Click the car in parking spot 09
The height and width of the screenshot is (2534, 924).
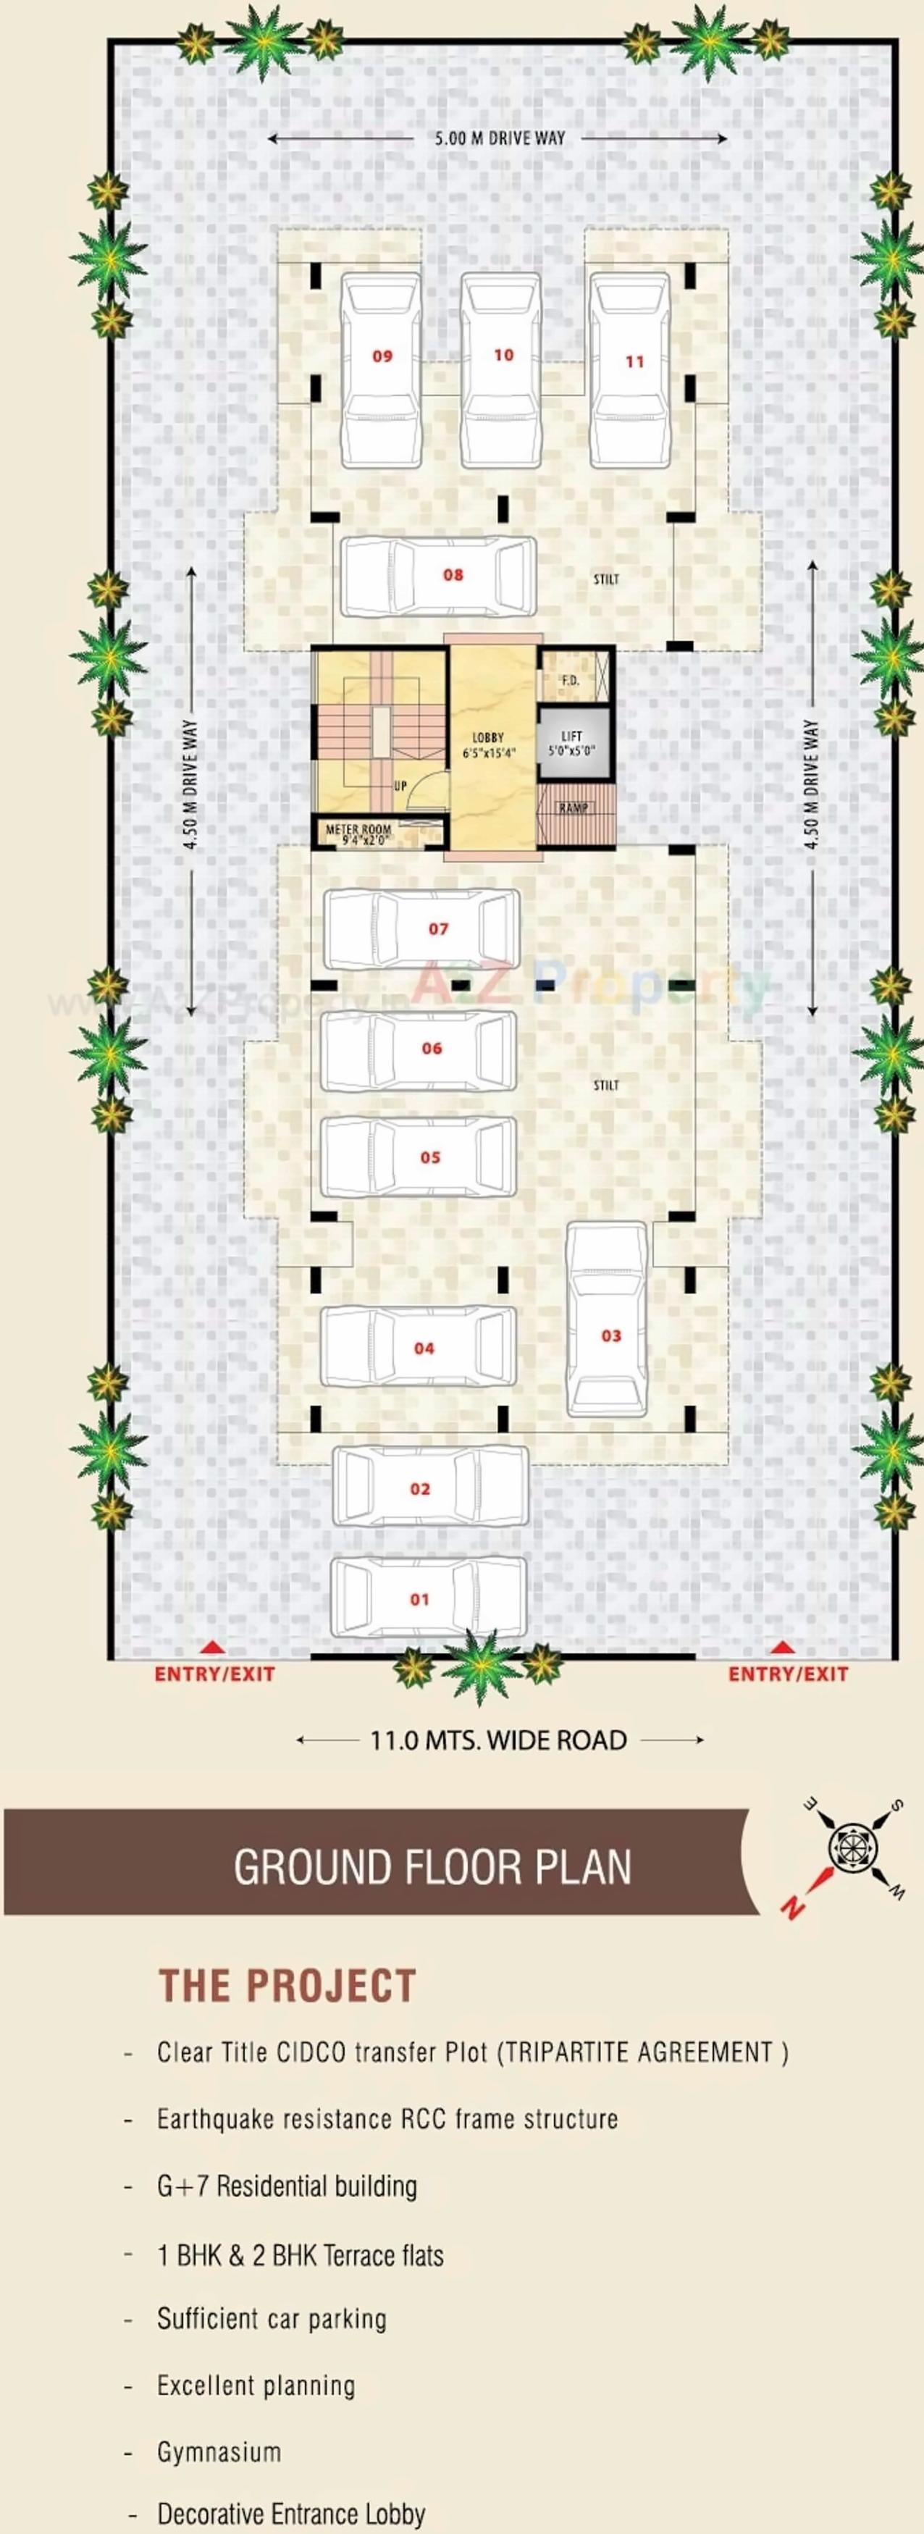[382, 370]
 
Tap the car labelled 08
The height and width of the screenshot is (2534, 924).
[439, 576]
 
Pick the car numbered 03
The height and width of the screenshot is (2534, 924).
[607, 1318]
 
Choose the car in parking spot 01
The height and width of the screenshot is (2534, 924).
[428, 1598]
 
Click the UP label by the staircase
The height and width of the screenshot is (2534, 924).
[400, 786]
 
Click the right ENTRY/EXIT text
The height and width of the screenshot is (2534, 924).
[787, 1673]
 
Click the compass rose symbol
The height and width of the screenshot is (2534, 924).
[847, 1840]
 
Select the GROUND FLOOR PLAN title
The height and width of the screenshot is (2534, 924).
[432, 1867]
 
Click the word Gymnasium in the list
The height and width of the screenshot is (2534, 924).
[219, 2451]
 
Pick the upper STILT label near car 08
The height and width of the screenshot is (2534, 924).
[606, 579]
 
